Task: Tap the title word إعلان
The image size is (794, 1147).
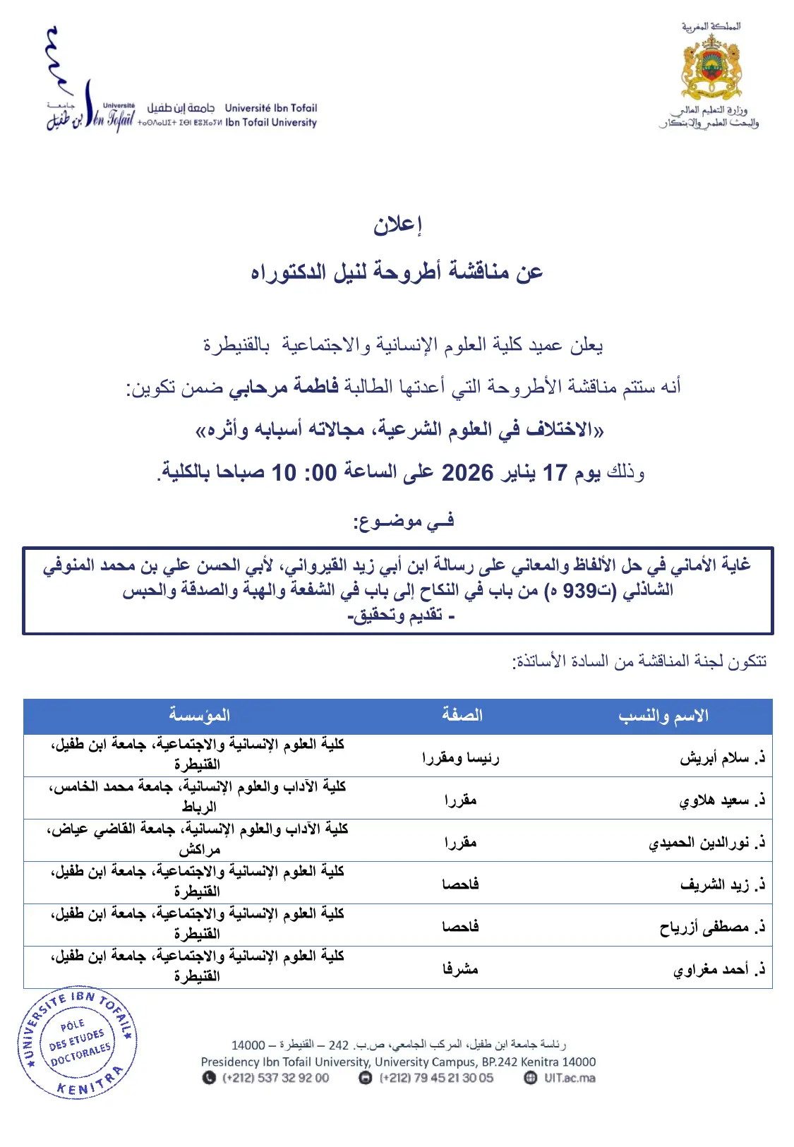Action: pos(397,224)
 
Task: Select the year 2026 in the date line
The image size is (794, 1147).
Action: pos(467,472)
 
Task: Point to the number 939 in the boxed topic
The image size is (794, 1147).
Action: pos(579,590)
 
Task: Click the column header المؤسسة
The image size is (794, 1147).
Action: pos(199,716)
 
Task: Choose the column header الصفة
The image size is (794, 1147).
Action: pos(462,716)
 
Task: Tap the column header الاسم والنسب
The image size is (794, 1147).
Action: pos(663,716)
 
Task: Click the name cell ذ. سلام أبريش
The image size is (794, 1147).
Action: pos(722,758)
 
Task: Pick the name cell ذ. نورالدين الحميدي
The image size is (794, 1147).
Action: pos(706,843)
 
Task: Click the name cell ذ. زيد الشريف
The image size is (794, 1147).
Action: pos(722,885)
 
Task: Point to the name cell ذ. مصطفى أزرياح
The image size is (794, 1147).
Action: pos(712,927)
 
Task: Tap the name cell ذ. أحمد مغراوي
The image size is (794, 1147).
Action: pos(718,970)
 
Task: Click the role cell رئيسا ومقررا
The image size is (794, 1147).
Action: pos(460,758)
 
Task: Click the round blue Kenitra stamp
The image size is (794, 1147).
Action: pos(77,1043)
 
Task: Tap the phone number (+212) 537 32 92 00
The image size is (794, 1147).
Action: pos(275,1078)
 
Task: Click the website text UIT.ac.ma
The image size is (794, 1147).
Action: pos(569,1078)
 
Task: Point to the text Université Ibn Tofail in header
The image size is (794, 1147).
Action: pos(271,108)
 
